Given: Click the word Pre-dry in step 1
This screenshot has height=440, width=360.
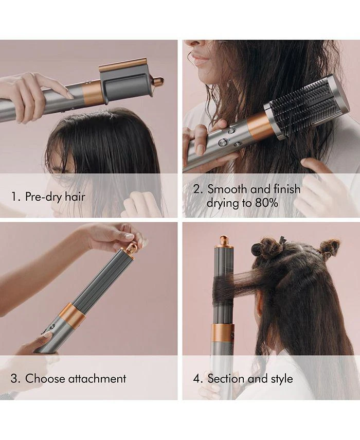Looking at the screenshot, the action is [x=43, y=197].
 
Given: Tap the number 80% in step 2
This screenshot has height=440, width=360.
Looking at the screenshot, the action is [x=266, y=203].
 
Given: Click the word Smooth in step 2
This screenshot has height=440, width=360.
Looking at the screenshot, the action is [x=228, y=189].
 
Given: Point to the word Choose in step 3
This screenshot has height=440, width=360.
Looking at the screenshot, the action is [x=45, y=379].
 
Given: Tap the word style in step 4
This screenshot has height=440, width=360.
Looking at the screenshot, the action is [x=282, y=379].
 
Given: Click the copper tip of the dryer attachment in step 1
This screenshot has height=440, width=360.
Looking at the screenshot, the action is [x=159, y=82].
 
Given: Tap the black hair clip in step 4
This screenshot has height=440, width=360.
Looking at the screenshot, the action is [x=282, y=240].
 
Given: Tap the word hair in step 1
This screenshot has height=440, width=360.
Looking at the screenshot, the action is [x=75, y=196].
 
